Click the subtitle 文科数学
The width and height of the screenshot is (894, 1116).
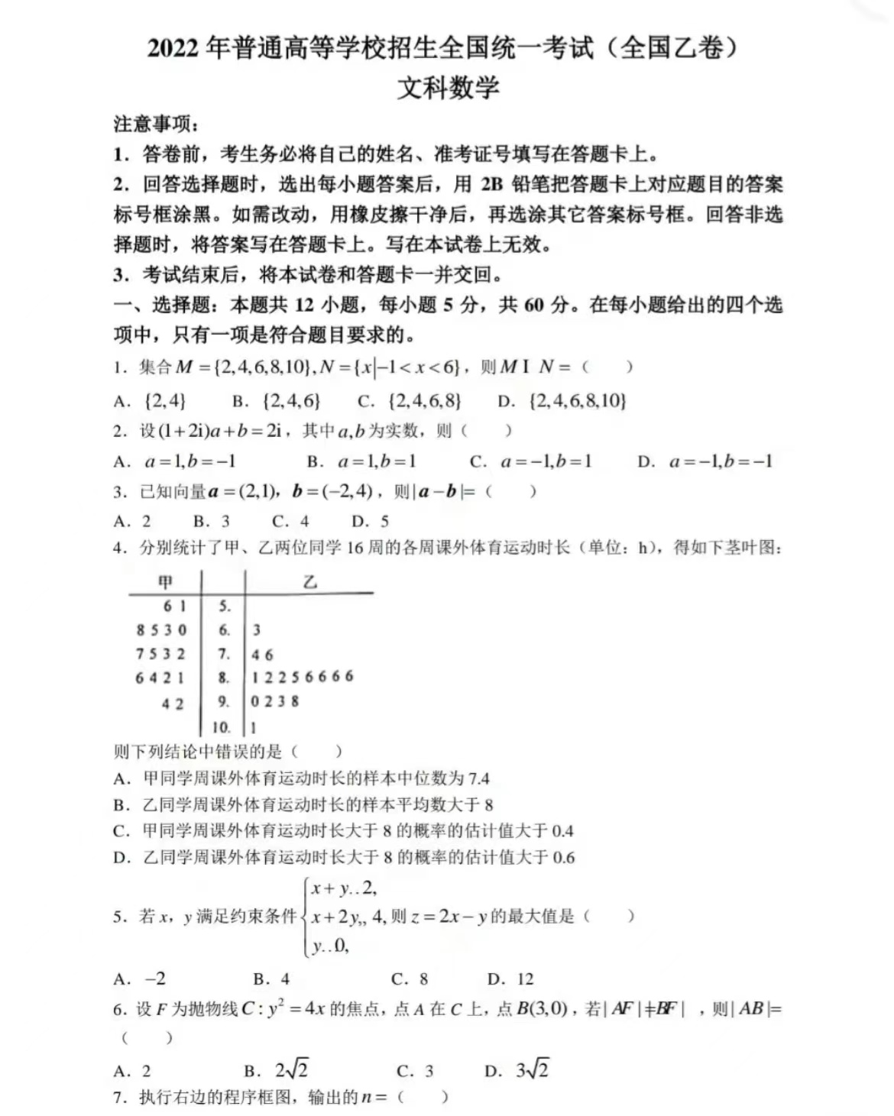[x=448, y=87]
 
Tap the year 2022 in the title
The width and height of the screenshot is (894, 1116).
[x=176, y=48]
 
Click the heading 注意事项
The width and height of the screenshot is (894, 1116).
[x=154, y=124]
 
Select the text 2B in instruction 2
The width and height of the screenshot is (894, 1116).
[x=492, y=184]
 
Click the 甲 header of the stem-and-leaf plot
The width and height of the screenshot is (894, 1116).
[x=165, y=582]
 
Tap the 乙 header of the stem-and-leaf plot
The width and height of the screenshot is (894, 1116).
[x=309, y=582]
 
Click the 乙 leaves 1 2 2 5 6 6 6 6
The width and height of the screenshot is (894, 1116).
[x=303, y=677]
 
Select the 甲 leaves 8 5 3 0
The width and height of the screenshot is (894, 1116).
[x=161, y=630]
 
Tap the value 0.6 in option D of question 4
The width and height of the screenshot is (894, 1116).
[x=563, y=857]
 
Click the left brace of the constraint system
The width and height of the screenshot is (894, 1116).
[x=306, y=917]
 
